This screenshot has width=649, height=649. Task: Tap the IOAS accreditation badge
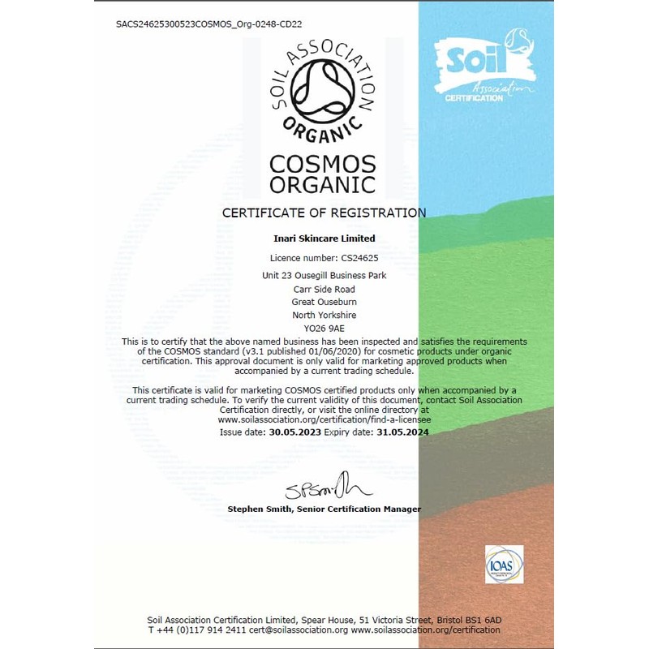click(x=504, y=565)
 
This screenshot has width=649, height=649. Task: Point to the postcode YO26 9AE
click(x=324, y=328)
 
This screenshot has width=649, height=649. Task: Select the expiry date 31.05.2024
click(x=403, y=432)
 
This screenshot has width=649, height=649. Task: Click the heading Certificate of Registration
click(x=324, y=213)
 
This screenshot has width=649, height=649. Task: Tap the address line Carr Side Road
click(x=324, y=288)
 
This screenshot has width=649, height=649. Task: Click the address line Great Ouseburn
click(x=324, y=301)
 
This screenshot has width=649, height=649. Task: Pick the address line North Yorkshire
click(x=324, y=314)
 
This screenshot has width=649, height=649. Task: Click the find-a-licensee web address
click(x=324, y=421)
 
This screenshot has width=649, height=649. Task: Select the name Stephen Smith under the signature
click(x=261, y=509)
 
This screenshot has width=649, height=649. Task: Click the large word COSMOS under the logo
click(x=323, y=163)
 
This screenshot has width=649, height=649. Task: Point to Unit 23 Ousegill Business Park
click(x=324, y=275)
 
